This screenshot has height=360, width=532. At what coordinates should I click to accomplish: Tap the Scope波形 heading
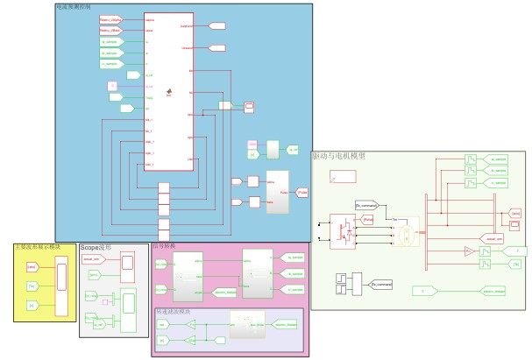pyautogui.click(x=96, y=248)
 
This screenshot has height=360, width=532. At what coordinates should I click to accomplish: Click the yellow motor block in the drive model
pyautogui.click(x=405, y=234)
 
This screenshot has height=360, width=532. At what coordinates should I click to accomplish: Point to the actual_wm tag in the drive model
pyautogui.click(x=492, y=237)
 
